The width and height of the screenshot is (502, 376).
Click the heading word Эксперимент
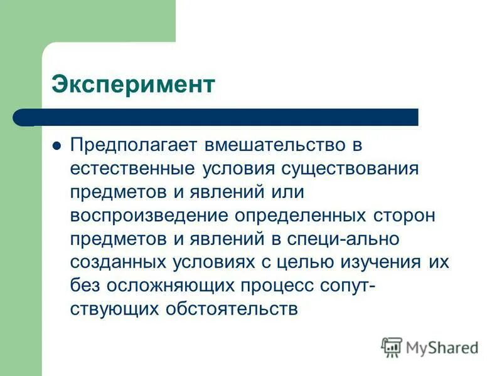point(133,85)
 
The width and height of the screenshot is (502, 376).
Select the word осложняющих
point(168,286)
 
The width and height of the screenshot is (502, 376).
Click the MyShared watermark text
point(442,347)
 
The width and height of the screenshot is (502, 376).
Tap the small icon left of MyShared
point(392,347)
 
